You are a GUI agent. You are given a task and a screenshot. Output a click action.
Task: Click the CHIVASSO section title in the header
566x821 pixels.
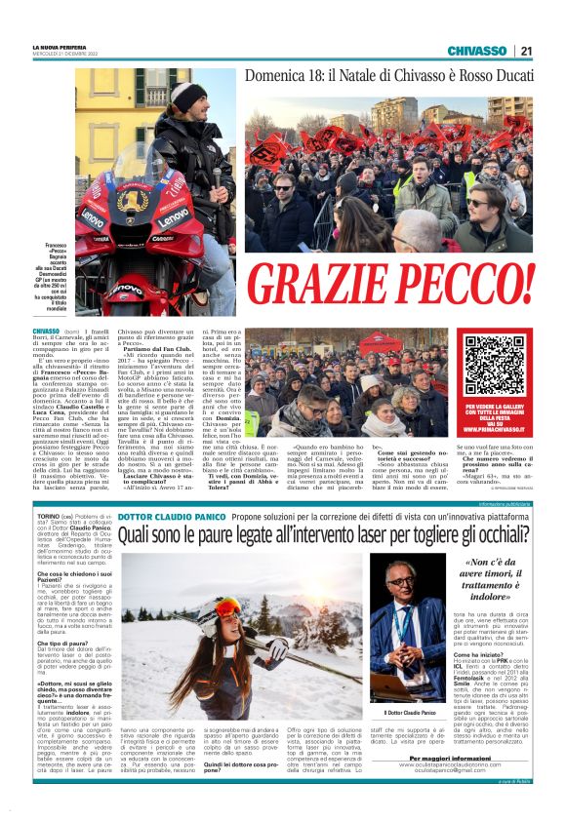coord(476,51)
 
